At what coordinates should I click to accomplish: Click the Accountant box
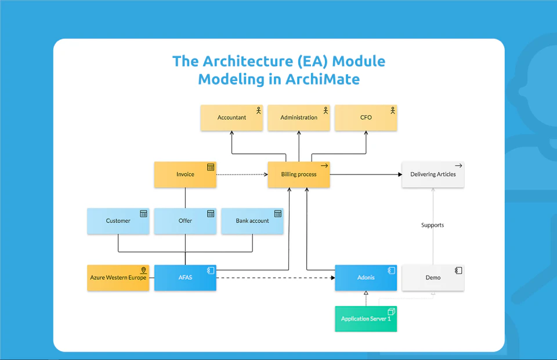(x=232, y=118)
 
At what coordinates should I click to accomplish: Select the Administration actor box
(x=299, y=118)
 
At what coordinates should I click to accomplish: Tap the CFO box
(x=366, y=118)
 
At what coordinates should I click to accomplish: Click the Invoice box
(x=185, y=174)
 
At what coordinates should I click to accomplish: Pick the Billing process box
(x=299, y=174)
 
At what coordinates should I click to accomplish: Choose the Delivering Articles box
(x=433, y=174)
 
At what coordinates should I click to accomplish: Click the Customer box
(x=118, y=221)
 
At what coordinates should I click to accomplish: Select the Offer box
(x=185, y=221)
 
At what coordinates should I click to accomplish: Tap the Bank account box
(x=252, y=221)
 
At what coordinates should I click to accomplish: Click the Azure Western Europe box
(x=118, y=278)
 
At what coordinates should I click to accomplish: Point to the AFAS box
(x=185, y=278)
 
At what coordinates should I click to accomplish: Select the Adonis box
(x=366, y=278)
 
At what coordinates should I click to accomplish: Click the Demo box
(x=433, y=278)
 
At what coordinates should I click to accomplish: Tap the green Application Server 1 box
(x=366, y=319)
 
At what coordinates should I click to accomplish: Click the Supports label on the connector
(x=432, y=225)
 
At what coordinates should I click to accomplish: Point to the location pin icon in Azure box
(x=143, y=271)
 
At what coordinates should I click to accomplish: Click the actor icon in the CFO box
(x=392, y=110)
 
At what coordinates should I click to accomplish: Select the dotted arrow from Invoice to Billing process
(x=241, y=174)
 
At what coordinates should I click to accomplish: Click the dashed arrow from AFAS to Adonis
(x=276, y=278)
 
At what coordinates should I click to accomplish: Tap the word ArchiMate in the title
(x=322, y=79)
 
